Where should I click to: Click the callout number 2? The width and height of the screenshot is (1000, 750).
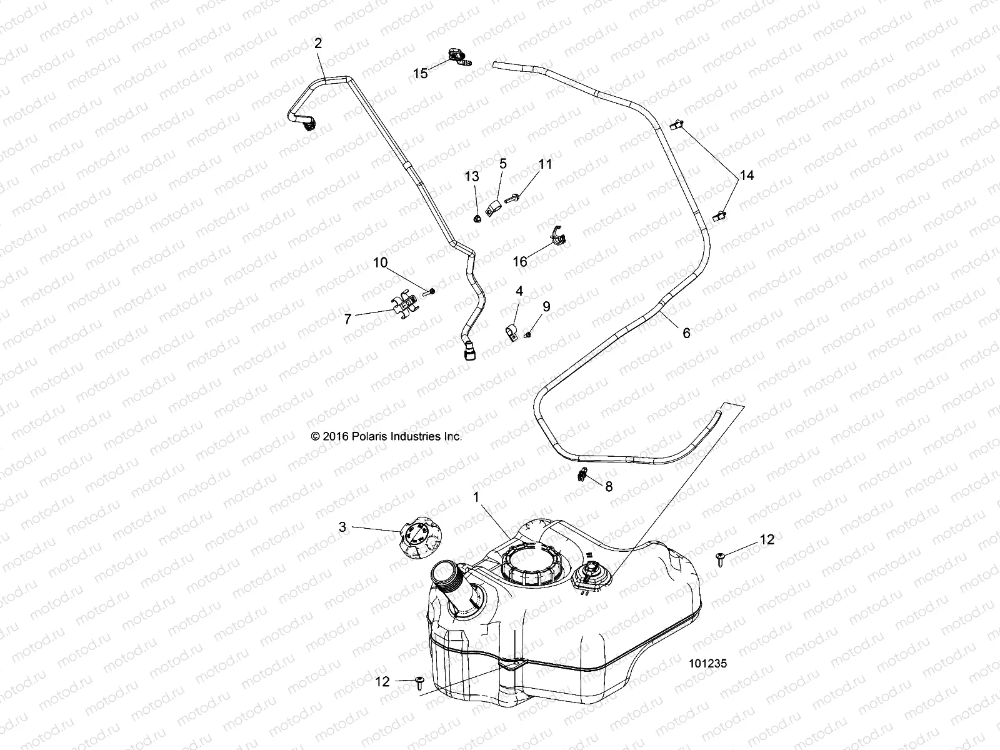coord(318,44)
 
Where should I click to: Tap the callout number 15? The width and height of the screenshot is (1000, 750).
coord(421,74)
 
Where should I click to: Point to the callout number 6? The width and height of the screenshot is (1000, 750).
coord(686,333)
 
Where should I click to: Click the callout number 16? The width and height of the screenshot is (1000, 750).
coord(520,261)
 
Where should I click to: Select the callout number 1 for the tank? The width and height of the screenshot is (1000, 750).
coord(476,497)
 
